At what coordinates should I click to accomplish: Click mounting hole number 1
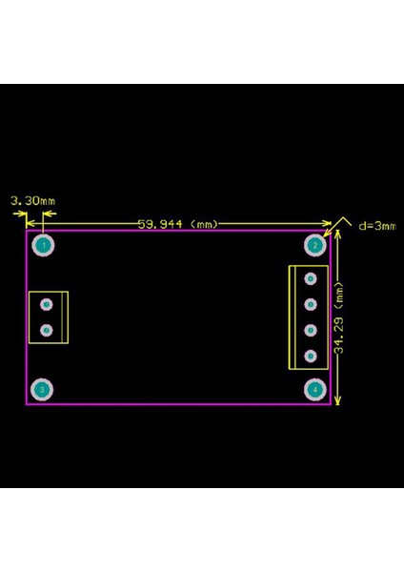coord(42,245)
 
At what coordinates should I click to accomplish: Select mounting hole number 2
coord(313,245)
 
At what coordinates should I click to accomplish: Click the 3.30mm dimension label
coord(32,201)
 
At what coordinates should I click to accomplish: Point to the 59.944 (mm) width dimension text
coord(179,224)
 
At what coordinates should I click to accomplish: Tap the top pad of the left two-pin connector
coord(45,304)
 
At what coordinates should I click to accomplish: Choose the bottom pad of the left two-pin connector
coord(45,330)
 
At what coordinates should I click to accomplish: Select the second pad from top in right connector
coord(310,305)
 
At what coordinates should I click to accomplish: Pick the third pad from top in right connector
coord(310,331)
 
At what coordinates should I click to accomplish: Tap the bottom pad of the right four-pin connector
coord(310,357)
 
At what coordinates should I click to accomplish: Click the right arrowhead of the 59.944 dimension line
coord(326,224)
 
